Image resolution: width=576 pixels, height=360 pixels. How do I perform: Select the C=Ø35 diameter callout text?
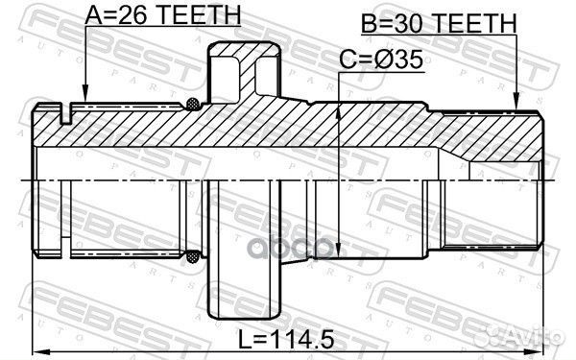[382, 62]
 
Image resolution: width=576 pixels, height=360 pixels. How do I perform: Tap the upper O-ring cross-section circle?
[196, 103]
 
